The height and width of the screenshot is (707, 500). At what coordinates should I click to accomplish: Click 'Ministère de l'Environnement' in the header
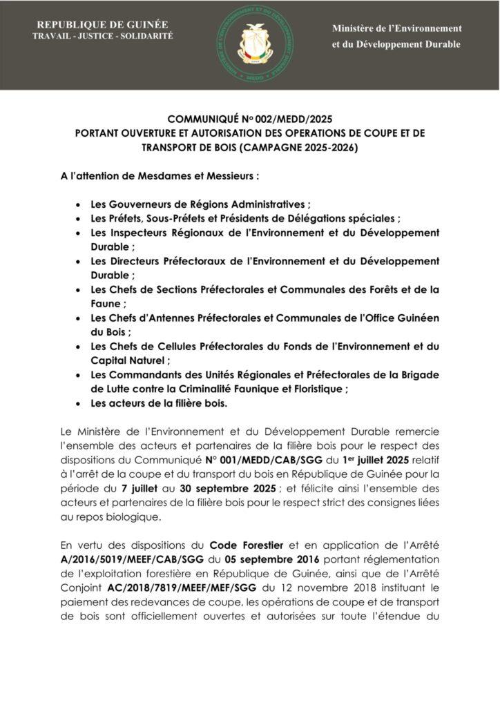click(x=396, y=28)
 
